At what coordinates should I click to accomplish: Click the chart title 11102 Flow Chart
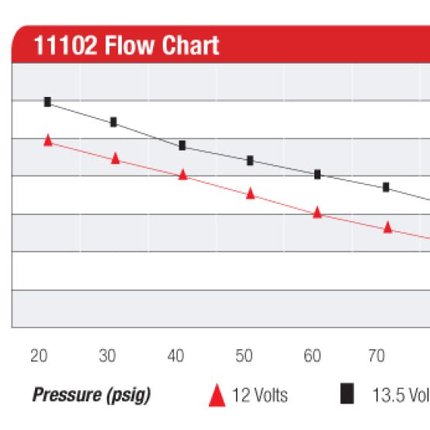(127, 46)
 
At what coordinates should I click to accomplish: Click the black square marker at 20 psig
(47, 102)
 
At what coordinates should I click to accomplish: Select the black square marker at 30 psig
(113, 122)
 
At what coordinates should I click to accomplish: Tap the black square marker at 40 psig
(182, 145)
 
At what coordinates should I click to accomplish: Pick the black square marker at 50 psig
(250, 161)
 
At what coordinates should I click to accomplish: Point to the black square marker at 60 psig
(317, 175)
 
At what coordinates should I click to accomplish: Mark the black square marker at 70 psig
(386, 187)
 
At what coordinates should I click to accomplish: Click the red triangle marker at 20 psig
(47, 140)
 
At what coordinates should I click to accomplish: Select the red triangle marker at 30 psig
(115, 158)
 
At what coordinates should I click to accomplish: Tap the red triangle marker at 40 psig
(183, 175)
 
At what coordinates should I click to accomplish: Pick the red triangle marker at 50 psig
(251, 193)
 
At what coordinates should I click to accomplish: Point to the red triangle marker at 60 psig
(317, 212)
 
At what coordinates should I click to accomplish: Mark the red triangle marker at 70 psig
(387, 227)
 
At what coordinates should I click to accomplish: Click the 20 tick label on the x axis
(39, 356)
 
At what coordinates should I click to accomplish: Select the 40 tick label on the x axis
(176, 356)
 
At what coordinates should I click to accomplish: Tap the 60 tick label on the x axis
(312, 356)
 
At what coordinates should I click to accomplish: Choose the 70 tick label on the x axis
(376, 356)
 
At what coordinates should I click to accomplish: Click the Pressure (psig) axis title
(92, 396)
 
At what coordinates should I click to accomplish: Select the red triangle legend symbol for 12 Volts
(217, 396)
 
